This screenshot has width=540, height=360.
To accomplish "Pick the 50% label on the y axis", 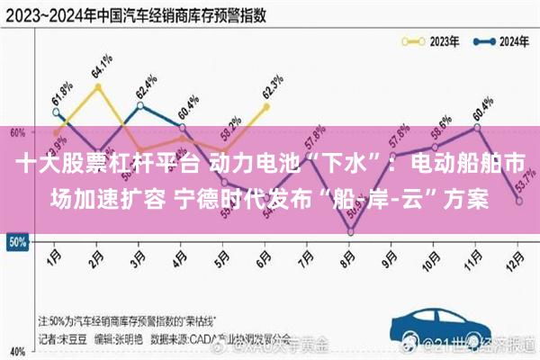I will coord(16,242).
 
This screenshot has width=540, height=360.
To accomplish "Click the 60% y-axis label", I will coord(16,132).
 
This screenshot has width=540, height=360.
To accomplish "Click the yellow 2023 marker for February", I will coord(97,86).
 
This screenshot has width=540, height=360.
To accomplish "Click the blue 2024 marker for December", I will coord(519,202).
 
